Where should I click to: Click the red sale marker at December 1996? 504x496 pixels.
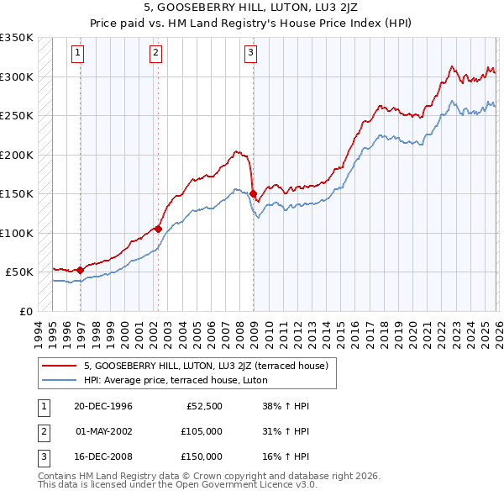coord(80,270)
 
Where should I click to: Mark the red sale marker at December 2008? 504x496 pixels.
coord(253,194)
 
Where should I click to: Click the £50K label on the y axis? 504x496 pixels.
coord(20,272)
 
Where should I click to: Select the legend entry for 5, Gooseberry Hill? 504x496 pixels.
coord(210,366)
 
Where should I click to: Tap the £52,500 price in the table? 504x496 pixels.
coord(204,405)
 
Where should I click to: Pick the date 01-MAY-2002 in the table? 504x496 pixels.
coord(105,430)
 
